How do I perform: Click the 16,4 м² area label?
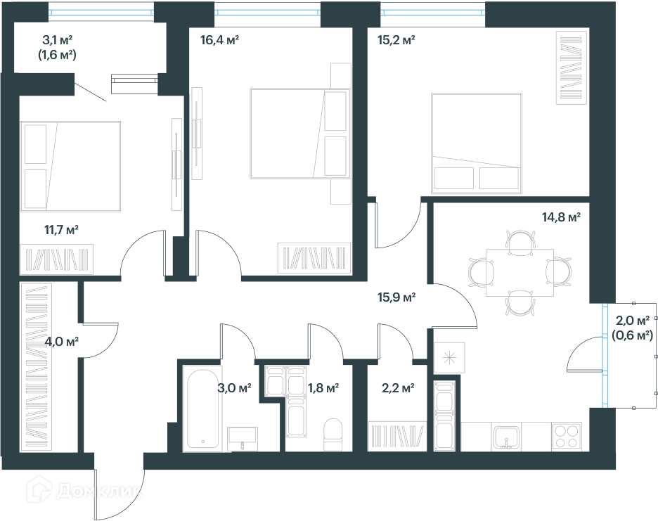[x=219, y=40]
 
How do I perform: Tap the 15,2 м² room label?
[x=396, y=40]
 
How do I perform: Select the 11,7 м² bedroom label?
[x=62, y=230]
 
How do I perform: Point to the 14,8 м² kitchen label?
[x=561, y=217]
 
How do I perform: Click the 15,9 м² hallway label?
[x=396, y=297]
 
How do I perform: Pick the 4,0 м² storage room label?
[x=61, y=342]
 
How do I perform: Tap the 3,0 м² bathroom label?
[x=234, y=388]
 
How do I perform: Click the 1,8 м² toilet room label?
[x=323, y=388]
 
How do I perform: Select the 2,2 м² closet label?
[x=398, y=388]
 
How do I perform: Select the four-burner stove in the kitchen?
[x=567, y=437]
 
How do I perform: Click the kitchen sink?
[x=507, y=437]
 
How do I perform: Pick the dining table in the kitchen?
[x=520, y=273]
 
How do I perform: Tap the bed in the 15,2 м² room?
[x=477, y=143]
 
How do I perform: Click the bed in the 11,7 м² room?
[x=70, y=167]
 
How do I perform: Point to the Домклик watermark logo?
[x=84, y=490]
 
